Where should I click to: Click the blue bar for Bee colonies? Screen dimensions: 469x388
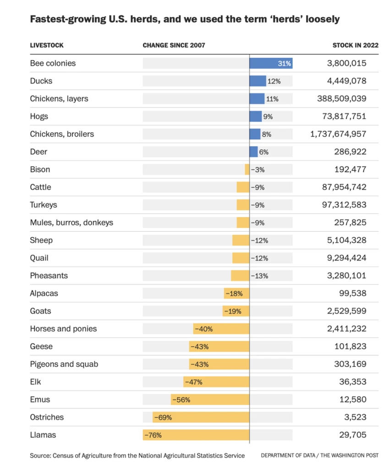click(x=271, y=63)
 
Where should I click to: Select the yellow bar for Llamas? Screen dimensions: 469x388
click(x=196, y=435)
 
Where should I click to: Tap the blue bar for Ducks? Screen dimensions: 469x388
click(x=257, y=81)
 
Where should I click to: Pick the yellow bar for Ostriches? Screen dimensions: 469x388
click(x=201, y=417)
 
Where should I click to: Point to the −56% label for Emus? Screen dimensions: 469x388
click(x=181, y=399)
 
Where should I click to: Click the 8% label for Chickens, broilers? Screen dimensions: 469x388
click(x=267, y=134)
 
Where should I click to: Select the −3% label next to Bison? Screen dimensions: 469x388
click(x=258, y=169)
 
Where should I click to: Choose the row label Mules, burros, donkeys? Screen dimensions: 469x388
click(x=71, y=223)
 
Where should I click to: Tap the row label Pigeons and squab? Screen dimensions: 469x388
click(x=64, y=364)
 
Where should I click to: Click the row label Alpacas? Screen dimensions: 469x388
click(x=44, y=293)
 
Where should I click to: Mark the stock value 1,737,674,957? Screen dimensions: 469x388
click(x=338, y=134)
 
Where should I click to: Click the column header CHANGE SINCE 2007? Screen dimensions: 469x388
click(x=174, y=45)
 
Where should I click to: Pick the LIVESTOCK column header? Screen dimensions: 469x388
click(x=47, y=45)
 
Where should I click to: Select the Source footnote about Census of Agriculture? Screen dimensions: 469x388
click(x=137, y=455)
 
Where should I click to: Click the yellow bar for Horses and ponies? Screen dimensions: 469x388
click(x=221, y=329)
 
